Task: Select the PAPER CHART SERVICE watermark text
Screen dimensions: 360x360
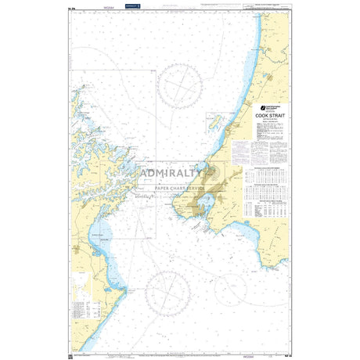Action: pos(181,189)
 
